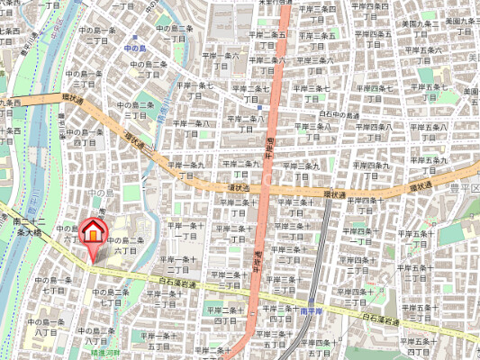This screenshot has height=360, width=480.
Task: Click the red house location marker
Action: click(91, 233)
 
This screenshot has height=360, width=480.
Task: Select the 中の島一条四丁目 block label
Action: click(85, 137)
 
